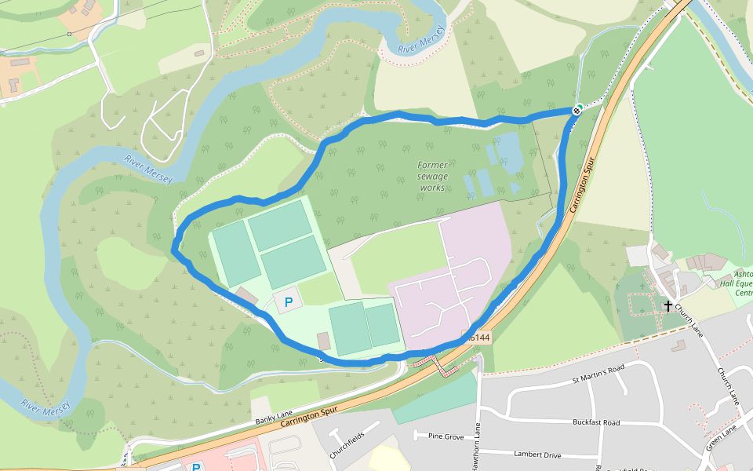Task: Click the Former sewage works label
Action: (x=432, y=177)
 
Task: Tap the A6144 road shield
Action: (x=478, y=338)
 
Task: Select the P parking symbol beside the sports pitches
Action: (x=288, y=301)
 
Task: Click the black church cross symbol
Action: (x=668, y=305)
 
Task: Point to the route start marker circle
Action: (x=577, y=111)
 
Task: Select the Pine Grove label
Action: (x=446, y=436)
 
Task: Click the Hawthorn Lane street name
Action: (x=476, y=447)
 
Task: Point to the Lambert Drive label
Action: (x=537, y=455)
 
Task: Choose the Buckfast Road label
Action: (x=596, y=422)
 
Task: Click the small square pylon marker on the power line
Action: (x=69, y=34)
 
